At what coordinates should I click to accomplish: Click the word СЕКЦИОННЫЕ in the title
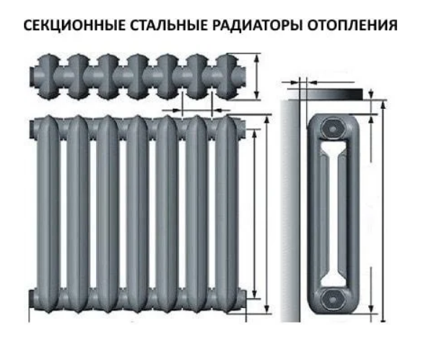click(75, 25)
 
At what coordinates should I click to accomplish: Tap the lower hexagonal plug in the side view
click(333, 299)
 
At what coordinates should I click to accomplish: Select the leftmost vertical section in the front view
click(48, 214)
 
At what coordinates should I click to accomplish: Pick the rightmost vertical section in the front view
click(226, 214)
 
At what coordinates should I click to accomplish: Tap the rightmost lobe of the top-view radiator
click(227, 76)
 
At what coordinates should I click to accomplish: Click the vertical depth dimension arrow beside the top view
click(256, 76)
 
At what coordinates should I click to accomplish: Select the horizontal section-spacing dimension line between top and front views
click(196, 110)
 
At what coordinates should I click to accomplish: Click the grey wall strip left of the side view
click(290, 211)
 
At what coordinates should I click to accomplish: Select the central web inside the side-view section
click(333, 214)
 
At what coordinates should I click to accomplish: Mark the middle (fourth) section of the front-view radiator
click(137, 214)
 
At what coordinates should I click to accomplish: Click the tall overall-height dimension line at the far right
click(383, 211)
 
